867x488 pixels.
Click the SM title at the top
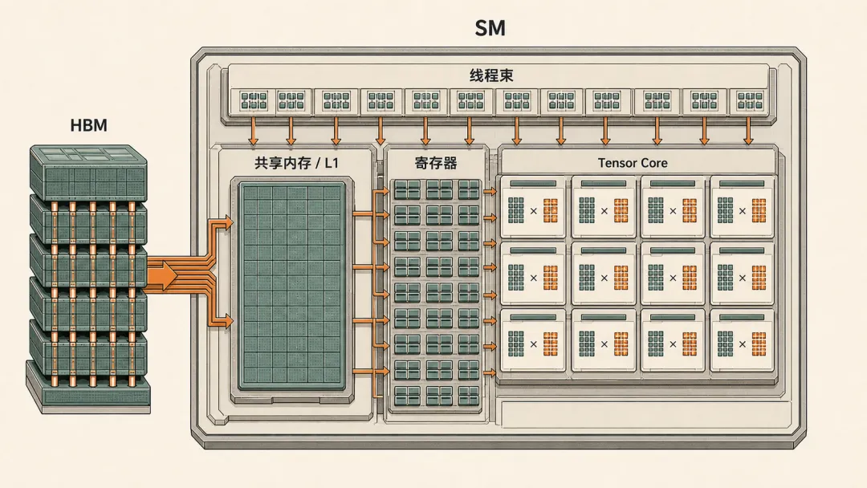(x=490, y=28)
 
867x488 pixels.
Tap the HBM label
(x=88, y=125)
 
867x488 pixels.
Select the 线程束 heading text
(x=491, y=75)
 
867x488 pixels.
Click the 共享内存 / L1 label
(x=296, y=163)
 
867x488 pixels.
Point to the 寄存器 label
(x=436, y=163)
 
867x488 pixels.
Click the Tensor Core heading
(x=633, y=163)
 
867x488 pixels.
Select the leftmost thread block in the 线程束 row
(x=253, y=101)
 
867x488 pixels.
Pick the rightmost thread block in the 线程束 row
(x=749, y=101)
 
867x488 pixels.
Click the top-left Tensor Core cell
(x=533, y=207)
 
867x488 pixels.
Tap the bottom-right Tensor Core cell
(x=742, y=340)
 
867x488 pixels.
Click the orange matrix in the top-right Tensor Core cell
(x=759, y=210)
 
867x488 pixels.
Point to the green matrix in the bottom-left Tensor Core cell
(x=516, y=344)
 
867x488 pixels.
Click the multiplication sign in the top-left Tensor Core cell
(x=534, y=210)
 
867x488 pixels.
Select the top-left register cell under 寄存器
(x=407, y=190)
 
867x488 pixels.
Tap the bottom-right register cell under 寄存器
(x=468, y=396)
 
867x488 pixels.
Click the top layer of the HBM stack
(x=88, y=172)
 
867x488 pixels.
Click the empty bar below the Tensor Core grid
(x=645, y=414)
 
